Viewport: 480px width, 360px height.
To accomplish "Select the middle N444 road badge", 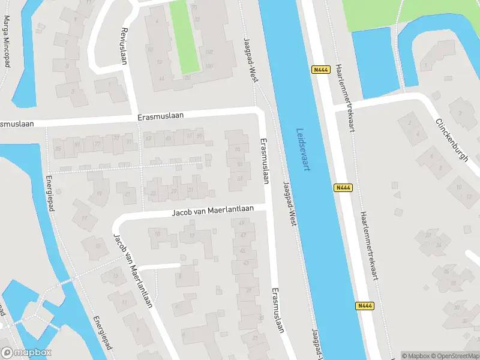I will [342, 188].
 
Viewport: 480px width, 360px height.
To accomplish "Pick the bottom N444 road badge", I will [364, 305].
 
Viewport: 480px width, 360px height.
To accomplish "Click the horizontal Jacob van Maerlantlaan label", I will [213, 211].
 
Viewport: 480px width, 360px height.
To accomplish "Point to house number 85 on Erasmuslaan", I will [58, 148].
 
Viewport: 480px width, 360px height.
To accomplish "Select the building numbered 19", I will [98, 193].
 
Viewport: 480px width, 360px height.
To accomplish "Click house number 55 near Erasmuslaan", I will [238, 149].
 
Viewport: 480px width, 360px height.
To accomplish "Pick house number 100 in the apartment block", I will [209, 67].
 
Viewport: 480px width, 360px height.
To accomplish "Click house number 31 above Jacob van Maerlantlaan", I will [191, 190].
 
